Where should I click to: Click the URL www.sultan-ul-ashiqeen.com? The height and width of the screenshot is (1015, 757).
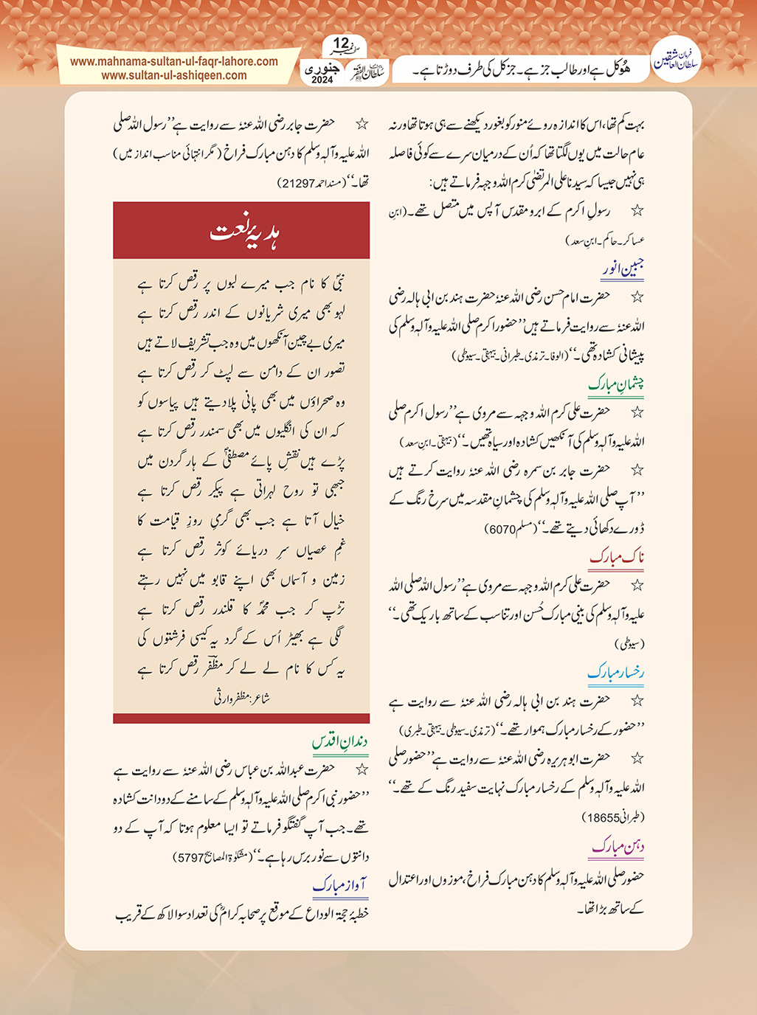174,75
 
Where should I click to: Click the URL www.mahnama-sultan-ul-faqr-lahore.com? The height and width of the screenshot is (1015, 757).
174,62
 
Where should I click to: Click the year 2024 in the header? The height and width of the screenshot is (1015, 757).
322,80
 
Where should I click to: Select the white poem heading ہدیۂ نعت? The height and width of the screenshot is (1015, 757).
241,231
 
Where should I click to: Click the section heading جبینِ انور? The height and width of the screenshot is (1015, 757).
623,269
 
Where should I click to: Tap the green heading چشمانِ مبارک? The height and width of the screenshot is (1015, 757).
617,384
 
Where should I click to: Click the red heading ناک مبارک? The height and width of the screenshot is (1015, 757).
618,557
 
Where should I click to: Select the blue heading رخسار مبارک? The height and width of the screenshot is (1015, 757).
617,672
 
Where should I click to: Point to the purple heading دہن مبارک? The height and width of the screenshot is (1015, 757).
618,847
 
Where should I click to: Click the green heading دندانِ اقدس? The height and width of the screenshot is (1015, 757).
340,741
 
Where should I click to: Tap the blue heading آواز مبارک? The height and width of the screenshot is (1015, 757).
340,885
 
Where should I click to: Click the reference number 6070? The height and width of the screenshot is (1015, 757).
502,529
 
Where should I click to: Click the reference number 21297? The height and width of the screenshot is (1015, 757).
297,182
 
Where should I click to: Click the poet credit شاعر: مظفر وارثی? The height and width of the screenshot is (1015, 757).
241,697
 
